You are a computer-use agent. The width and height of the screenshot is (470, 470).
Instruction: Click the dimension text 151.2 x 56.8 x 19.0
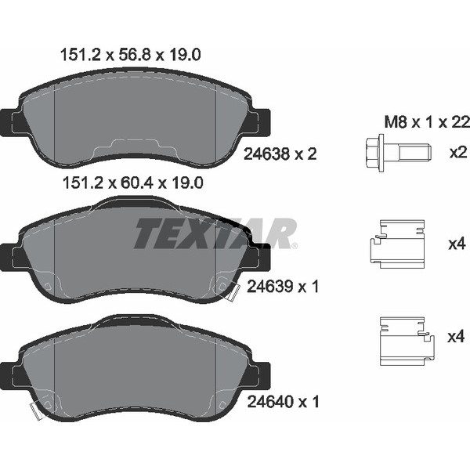130,55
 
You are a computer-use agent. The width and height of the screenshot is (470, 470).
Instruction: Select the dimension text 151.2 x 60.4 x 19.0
133,183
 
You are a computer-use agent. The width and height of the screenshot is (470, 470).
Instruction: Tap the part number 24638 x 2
280,154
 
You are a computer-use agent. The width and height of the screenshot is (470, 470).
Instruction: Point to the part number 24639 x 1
283,287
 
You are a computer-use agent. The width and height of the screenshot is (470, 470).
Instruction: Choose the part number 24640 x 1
283,401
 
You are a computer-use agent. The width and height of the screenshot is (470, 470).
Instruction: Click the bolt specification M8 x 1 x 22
427,122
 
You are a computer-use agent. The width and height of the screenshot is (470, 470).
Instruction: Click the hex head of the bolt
375,153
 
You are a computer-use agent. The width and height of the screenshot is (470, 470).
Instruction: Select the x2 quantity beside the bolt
458,153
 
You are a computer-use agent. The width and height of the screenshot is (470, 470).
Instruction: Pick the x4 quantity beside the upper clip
457,244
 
